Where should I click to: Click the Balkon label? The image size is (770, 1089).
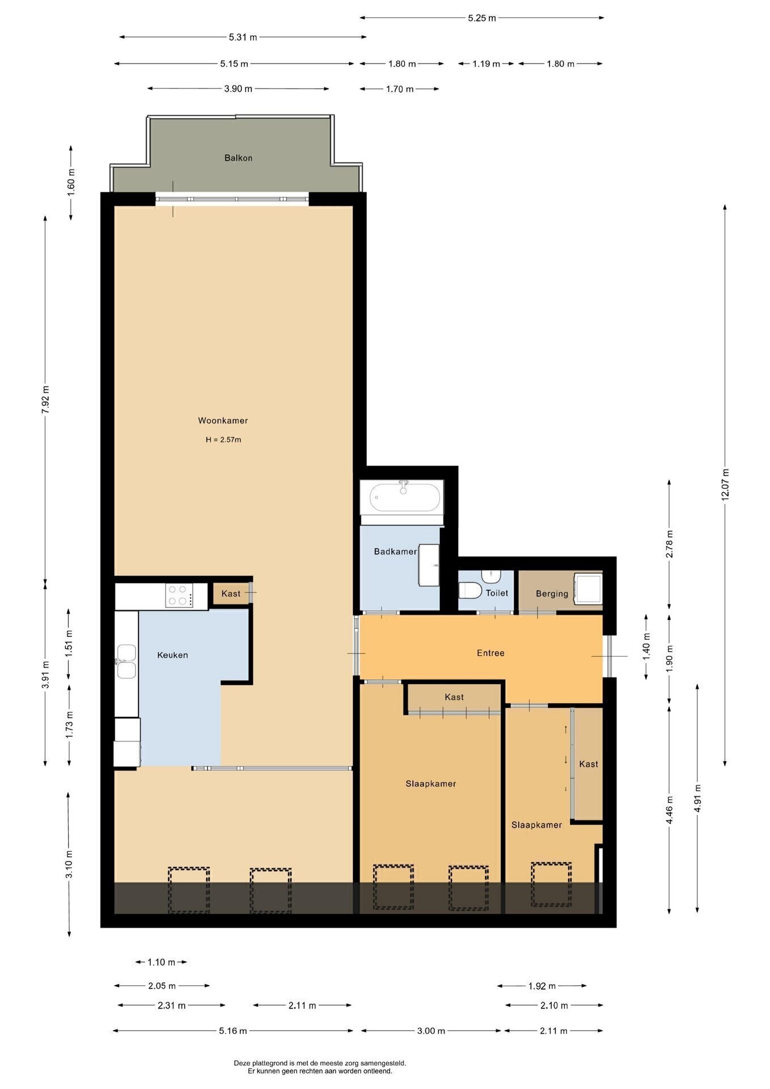[x=238, y=158]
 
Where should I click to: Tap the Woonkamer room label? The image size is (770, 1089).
[x=223, y=421]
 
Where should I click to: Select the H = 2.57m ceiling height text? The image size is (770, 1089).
[x=223, y=440]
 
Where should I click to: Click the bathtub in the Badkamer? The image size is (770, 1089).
[x=404, y=497]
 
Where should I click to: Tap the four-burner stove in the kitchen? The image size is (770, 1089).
[x=179, y=596]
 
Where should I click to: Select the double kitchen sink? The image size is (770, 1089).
[x=126, y=661]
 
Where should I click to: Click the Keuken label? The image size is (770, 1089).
[x=172, y=655]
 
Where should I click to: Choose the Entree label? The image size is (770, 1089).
[x=490, y=653]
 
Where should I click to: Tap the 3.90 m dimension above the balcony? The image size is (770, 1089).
[x=238, y=89]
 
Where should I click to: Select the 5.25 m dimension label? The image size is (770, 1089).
[x=481, y=18]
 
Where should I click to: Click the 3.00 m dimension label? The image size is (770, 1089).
[x=431, y=1031]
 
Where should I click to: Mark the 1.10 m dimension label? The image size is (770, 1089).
[x=161, y=962]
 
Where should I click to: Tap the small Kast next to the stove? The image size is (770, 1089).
[x=231, y=594]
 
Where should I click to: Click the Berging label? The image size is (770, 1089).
[x=552, y=594]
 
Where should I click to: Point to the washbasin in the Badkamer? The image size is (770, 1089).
[x=429, y=565]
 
